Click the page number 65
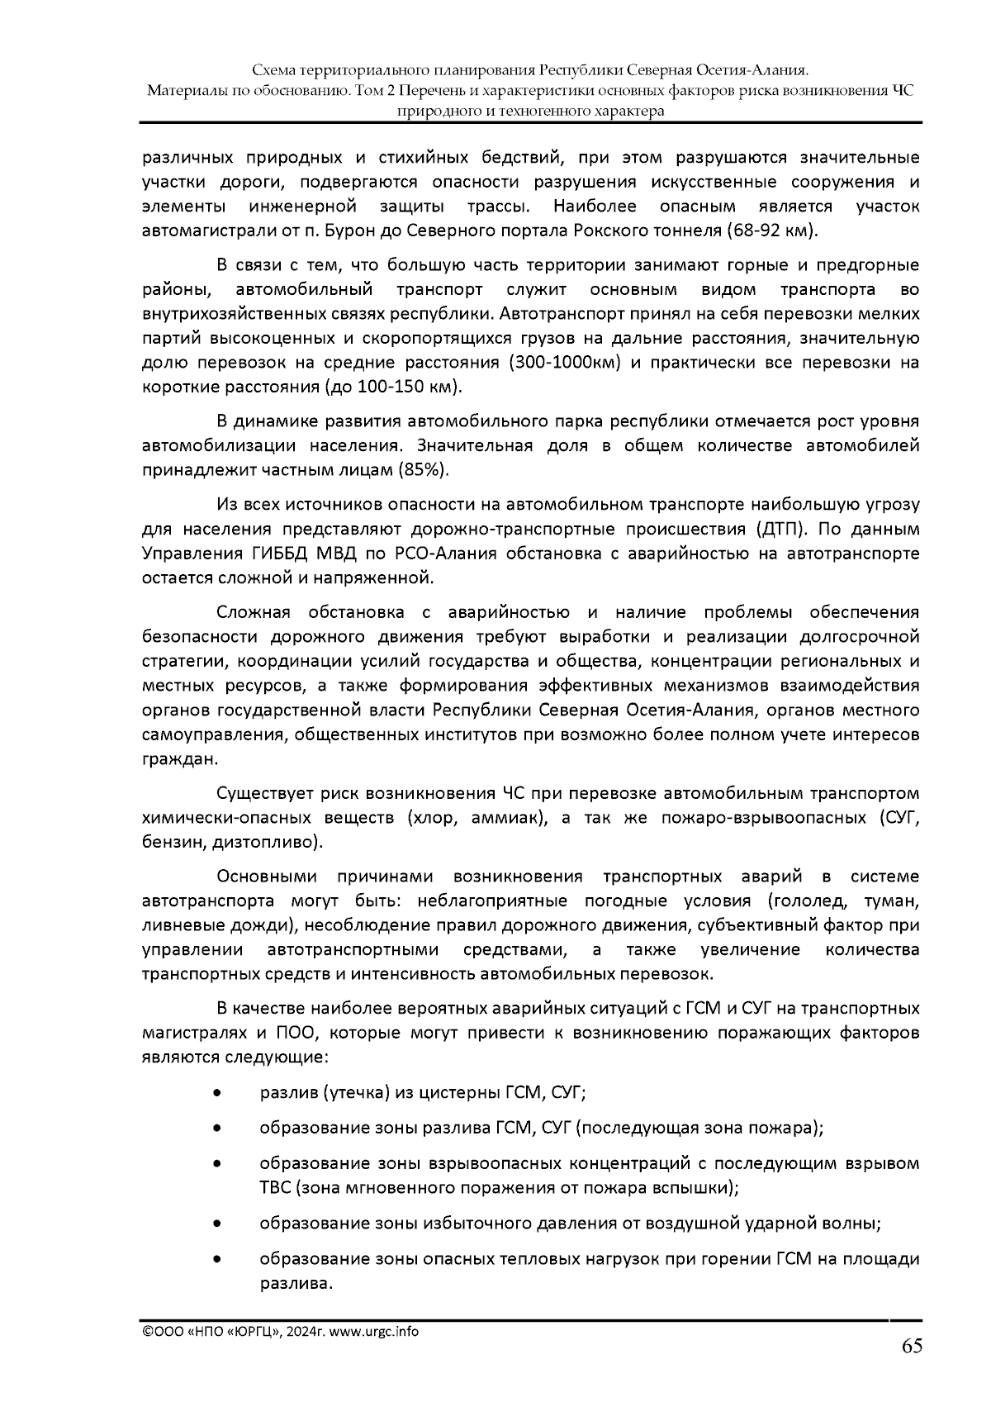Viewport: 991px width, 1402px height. pyautogui.click(x=911, y=1347)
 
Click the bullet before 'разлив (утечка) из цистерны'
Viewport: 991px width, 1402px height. pyautogui.click(x=216, y=1093)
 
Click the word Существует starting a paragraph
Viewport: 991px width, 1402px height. pyautogui.click(x=268, y=795)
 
